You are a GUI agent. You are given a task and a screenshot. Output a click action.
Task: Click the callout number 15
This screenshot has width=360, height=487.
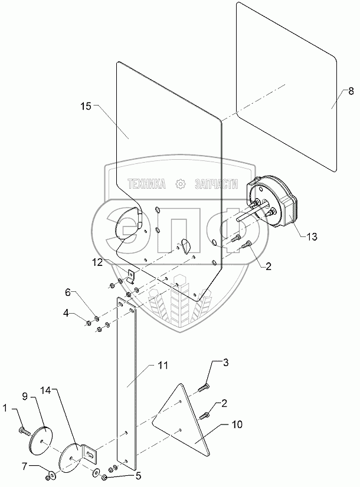click(86, 106)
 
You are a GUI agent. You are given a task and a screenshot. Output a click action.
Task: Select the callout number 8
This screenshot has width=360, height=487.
click(351, 91)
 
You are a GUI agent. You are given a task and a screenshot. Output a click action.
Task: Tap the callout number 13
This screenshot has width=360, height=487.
click(312, 236)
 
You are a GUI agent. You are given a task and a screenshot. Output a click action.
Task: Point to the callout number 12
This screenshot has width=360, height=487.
click(97, 262)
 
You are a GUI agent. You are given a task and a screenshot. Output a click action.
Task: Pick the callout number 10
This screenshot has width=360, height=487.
click(237, 424)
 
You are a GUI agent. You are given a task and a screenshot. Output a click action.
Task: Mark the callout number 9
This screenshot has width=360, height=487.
click(25, 396)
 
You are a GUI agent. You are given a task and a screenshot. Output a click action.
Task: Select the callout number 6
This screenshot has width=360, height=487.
click(68, 292)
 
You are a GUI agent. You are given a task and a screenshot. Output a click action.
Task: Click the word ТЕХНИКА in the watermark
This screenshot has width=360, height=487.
click(146, 184)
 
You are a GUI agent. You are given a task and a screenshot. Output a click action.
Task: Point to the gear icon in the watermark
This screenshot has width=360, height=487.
click(181, 184)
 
